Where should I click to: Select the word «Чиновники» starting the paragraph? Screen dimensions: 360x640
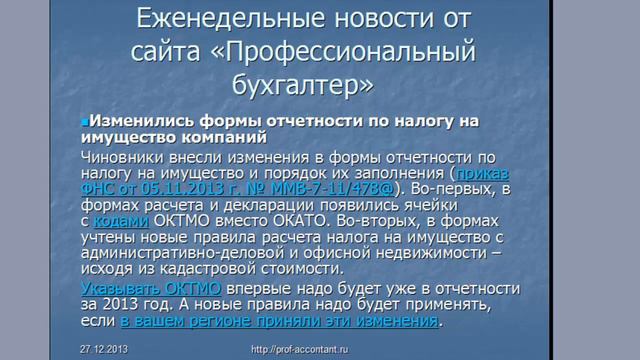(124, 157)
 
